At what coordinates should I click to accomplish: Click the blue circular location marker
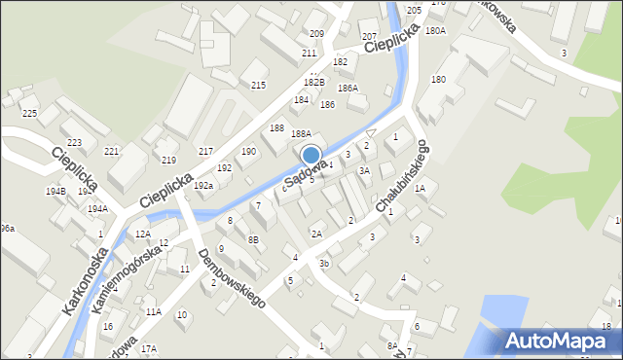point(311,155)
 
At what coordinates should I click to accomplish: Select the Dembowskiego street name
point(232,279)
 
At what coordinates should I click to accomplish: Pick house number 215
point(258,86)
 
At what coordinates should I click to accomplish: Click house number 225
point(29,114)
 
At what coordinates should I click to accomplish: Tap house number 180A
point(434,30)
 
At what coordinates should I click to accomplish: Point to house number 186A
point(348,89)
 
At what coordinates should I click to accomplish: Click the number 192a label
point(202,185)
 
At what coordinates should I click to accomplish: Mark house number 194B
point(55,191)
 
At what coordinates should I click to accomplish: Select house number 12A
point(142,234)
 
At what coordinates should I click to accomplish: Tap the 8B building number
point(253,239)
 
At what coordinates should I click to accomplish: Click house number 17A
point(149,348)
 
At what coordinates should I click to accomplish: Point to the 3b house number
point(324,263)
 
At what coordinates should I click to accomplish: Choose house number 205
point(414,10)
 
